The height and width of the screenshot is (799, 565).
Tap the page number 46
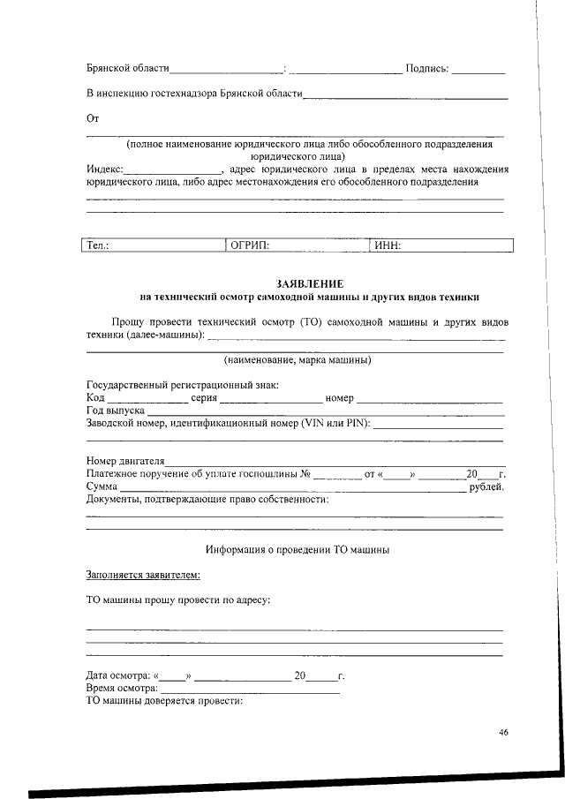click(x=503, y=732)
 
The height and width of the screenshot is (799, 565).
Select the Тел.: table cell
click(x=155, y=245)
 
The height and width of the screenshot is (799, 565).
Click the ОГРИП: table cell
click(x=297, y=245)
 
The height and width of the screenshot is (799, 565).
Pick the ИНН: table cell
click(x=441, y=245)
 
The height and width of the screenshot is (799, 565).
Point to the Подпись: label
click(x=426, y=68)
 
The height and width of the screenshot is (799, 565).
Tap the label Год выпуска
click(x=115, y=411)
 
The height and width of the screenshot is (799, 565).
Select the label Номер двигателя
click(x=125, y=461)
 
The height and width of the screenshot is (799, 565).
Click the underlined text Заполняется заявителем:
click(x=143, y=576)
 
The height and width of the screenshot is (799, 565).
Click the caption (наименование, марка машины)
click(x=297, y=360)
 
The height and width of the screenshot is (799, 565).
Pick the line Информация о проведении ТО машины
click(x=298, y=549)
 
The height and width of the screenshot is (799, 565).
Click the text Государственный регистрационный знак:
click(x=182, y=385)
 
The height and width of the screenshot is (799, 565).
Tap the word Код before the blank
click(x=95, y=398)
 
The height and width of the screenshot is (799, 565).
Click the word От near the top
click(x=93, y=118)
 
